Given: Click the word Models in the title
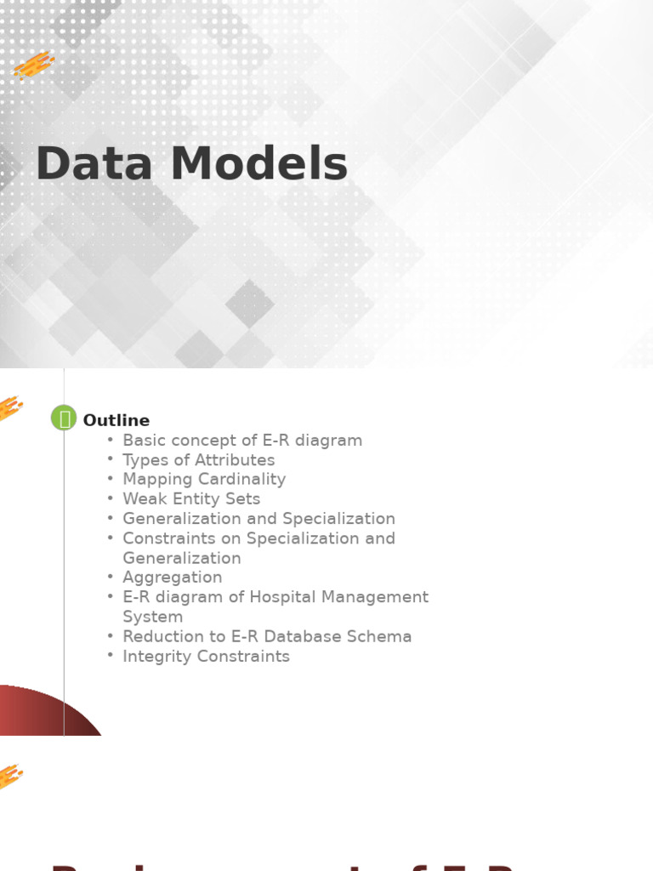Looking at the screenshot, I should coord(258,164).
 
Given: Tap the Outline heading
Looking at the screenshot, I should coord(116,420).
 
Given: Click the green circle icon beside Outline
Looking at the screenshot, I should coord(64,418).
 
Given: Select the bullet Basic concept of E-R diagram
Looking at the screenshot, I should coord(242,441).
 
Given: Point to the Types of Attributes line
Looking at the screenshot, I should coord(198,460).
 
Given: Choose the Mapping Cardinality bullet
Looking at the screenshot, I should coord(204,480).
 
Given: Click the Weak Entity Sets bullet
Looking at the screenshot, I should coord(191,499).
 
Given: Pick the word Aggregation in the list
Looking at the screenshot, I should coord(173,578).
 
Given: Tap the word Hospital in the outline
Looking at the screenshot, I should coord(282,597).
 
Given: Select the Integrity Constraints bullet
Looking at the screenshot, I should coord(206,657).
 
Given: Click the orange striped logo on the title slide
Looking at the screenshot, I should coord(35,65).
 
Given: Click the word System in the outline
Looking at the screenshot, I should coord(152,617).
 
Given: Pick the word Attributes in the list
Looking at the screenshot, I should coord(235,460).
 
